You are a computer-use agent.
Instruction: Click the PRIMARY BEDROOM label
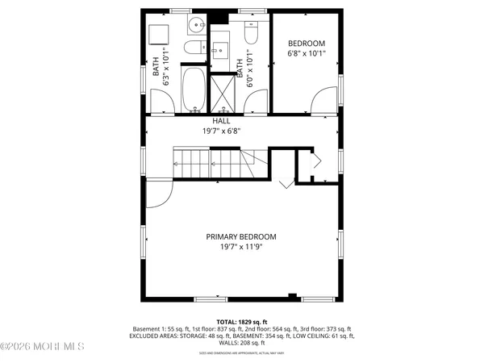[241, 236]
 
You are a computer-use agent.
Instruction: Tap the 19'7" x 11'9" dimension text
[241, 247]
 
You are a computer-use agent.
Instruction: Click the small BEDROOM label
[307, 43]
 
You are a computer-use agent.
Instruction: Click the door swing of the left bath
[162, 101]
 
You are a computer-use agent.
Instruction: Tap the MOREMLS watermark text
[44, 348]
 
